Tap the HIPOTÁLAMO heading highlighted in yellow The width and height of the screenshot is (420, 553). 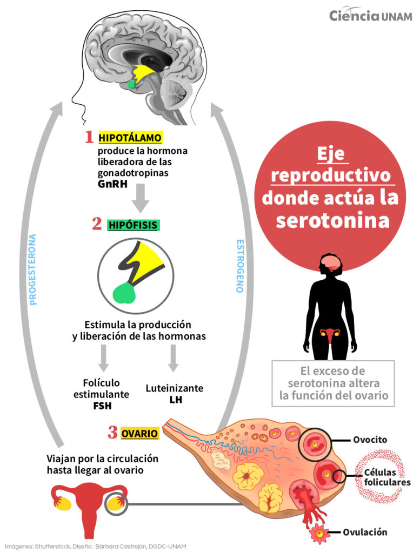[x=130, y=138]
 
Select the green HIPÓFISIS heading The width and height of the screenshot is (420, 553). [x=133, y=225]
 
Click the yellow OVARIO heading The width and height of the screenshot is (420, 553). [x=139, y=433]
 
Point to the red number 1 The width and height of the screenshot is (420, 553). [x=89, y=137]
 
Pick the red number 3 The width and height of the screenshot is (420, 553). [x=112, y=433]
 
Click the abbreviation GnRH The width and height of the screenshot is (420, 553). [x=112, y=184]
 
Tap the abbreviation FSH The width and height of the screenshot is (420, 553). [x=102, y=406]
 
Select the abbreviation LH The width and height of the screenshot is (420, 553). [x=176, y=400]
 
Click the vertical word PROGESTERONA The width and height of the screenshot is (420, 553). [x=33, y=269]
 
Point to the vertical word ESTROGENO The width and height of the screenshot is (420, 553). [x=239, y=266]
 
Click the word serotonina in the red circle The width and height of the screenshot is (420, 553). [x=332, y=220]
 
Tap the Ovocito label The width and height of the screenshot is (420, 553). [x=370, y=440]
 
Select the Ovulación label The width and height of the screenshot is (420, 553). [x=365, y=532]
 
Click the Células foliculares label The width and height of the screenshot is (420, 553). [x=387, y=477]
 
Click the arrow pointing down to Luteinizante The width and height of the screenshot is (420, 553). [x=173, y=358]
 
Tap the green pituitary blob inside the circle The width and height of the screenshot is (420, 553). [x=125, y=292]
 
